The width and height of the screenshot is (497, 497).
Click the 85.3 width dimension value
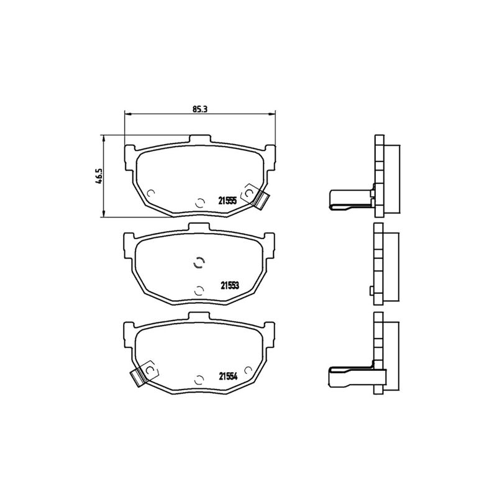click(199, 109)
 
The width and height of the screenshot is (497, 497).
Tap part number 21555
click(227, 201)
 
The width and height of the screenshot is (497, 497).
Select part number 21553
click(230, 286)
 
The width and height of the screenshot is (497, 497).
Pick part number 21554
click(228, 376)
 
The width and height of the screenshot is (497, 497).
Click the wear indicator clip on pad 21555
click(260, 199)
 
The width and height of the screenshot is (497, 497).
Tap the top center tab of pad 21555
click(199, 139)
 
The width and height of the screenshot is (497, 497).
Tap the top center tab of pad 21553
click(199, 227)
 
